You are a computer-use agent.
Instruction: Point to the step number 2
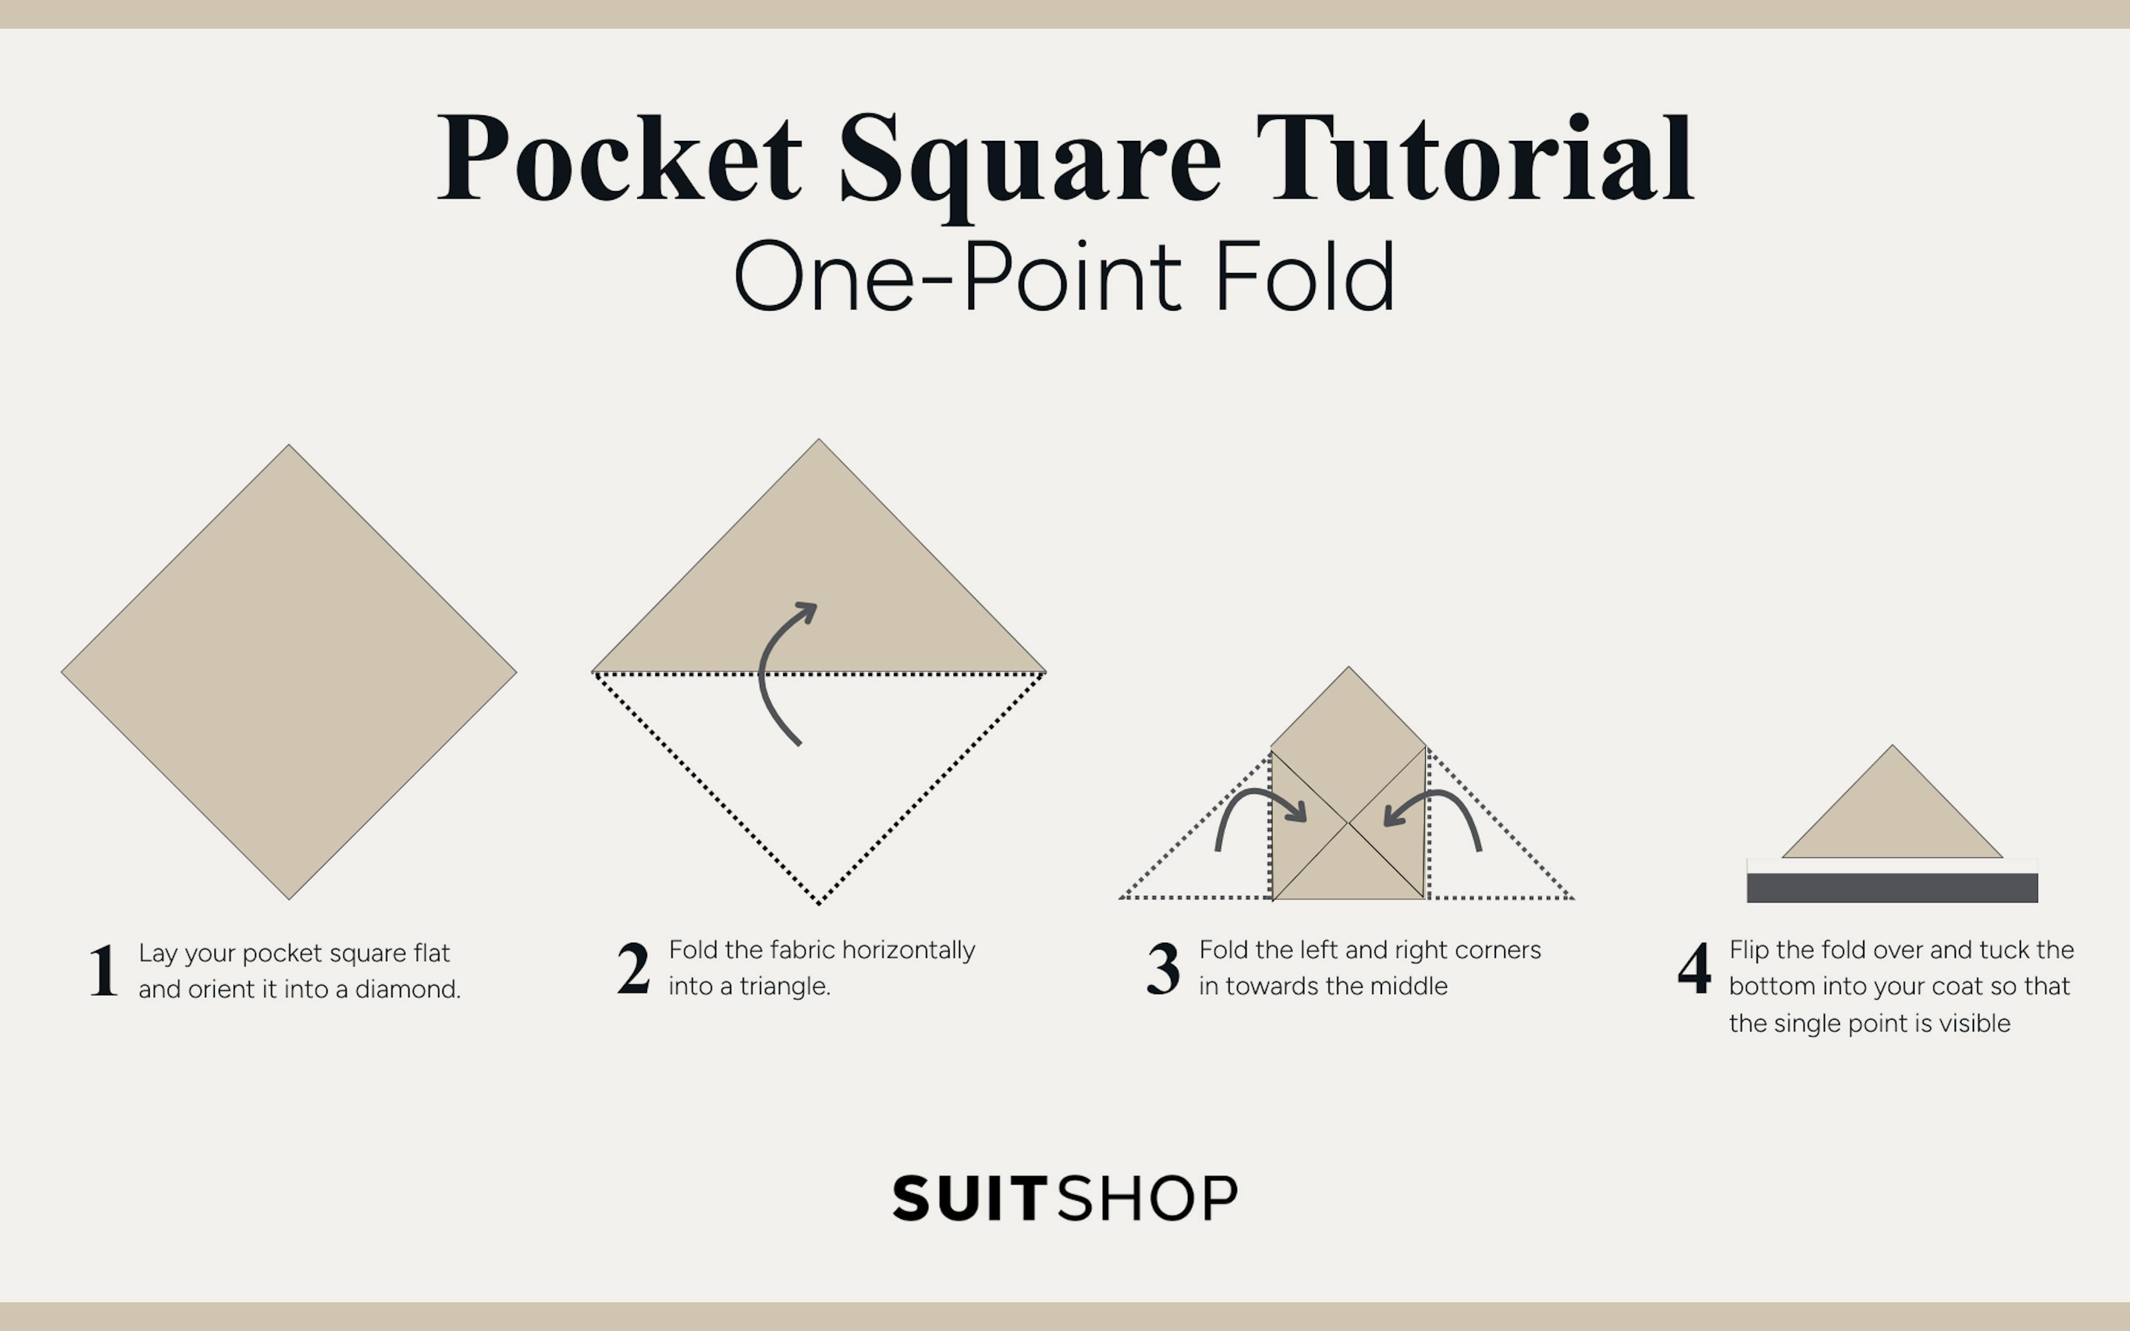coord(633,968)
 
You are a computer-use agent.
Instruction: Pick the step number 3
coord(1163,968)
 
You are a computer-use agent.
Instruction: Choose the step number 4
coord(1693,968)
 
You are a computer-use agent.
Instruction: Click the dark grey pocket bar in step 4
coord(1893,888)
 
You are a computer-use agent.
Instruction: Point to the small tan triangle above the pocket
coord(1893,819)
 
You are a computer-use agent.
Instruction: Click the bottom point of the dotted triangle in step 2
coord(819,903)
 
